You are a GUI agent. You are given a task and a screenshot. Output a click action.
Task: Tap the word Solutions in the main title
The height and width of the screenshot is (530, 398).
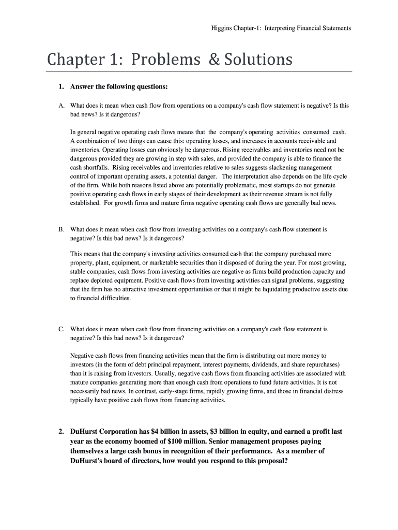point(257,60)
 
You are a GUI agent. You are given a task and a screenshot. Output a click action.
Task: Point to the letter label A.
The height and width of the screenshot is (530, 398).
point(62,106)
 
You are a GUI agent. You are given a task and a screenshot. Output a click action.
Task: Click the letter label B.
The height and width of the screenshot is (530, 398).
point(62,229)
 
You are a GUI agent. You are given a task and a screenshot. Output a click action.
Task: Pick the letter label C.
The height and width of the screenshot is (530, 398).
point(62,329)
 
